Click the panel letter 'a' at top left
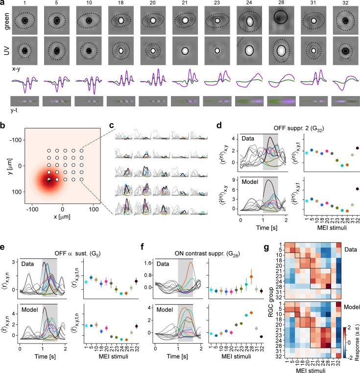click(3, 3)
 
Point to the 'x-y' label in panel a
click(15, 70)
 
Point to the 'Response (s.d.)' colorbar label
click(357, 346)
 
